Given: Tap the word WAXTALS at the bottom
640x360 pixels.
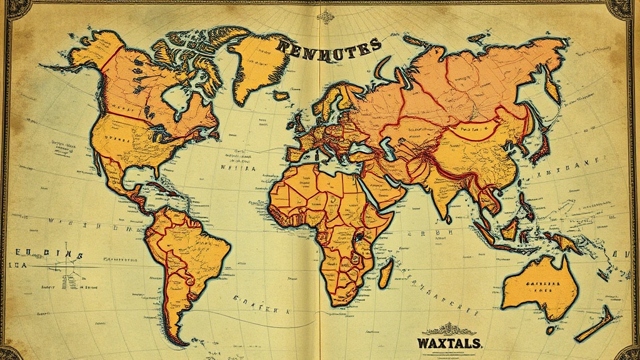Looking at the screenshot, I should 449,342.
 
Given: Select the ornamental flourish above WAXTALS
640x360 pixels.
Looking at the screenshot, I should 449,329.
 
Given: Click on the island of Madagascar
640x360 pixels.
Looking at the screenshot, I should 386,273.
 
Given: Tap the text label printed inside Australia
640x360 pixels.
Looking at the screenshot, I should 538,286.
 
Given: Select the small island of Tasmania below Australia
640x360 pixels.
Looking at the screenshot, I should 549,329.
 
